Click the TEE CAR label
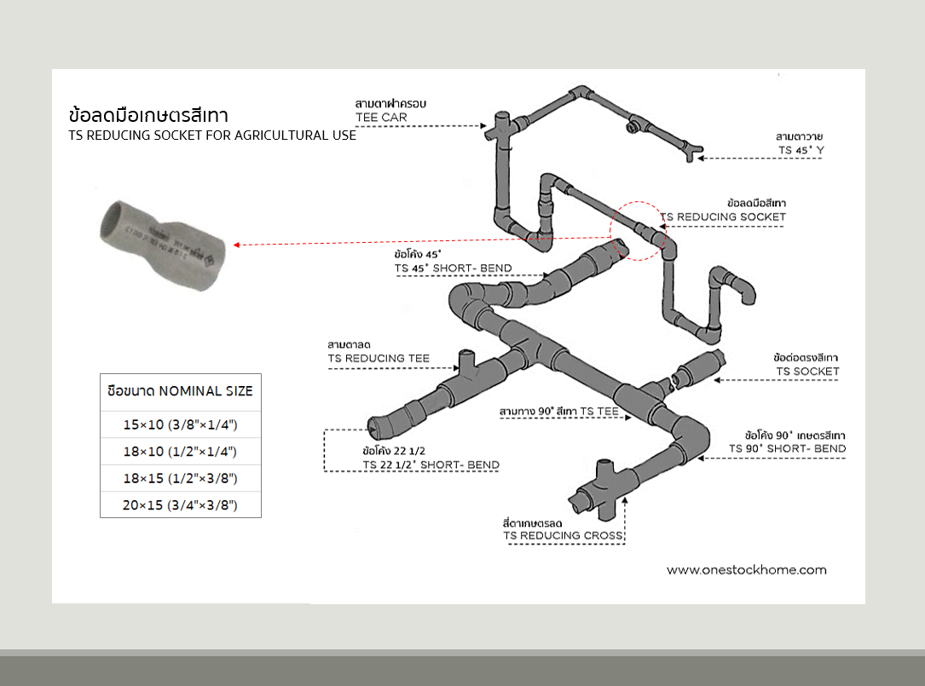pyautogui.click(x=381, y=117)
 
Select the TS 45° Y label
pyautogui.click(x=801, y=150)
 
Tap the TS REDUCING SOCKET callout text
pyautogui.click(x=723, y=216)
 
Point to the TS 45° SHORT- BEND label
pyautogui.click(x=453, y=268)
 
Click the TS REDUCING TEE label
pyautogui.click(x=379, y=358)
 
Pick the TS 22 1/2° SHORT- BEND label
pyautogui.click(x=431, y=464)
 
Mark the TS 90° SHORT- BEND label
pyautogui.click(x=787, y=448)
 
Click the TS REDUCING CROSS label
pyautogui.click(x=564, y=535)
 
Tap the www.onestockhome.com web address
pyautogui.click(x=747, y=569)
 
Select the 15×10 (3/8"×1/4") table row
pyautogui.click(x=180, y=424)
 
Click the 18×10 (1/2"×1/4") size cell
pyautogui.click(x=180, y=451)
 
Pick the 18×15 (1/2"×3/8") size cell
pyautogui.click(x=180, y=478)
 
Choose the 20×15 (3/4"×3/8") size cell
pyautogui.click(x=180, y=505)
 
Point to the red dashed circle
pyautogui.click(x=639, y=231)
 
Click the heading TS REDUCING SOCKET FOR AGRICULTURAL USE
pyautogui.click(x=212, y=135)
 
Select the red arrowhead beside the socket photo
pyautogui.click(x=237, y=245)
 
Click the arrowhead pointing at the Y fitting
pyautogui.click(x=702, y=159)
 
